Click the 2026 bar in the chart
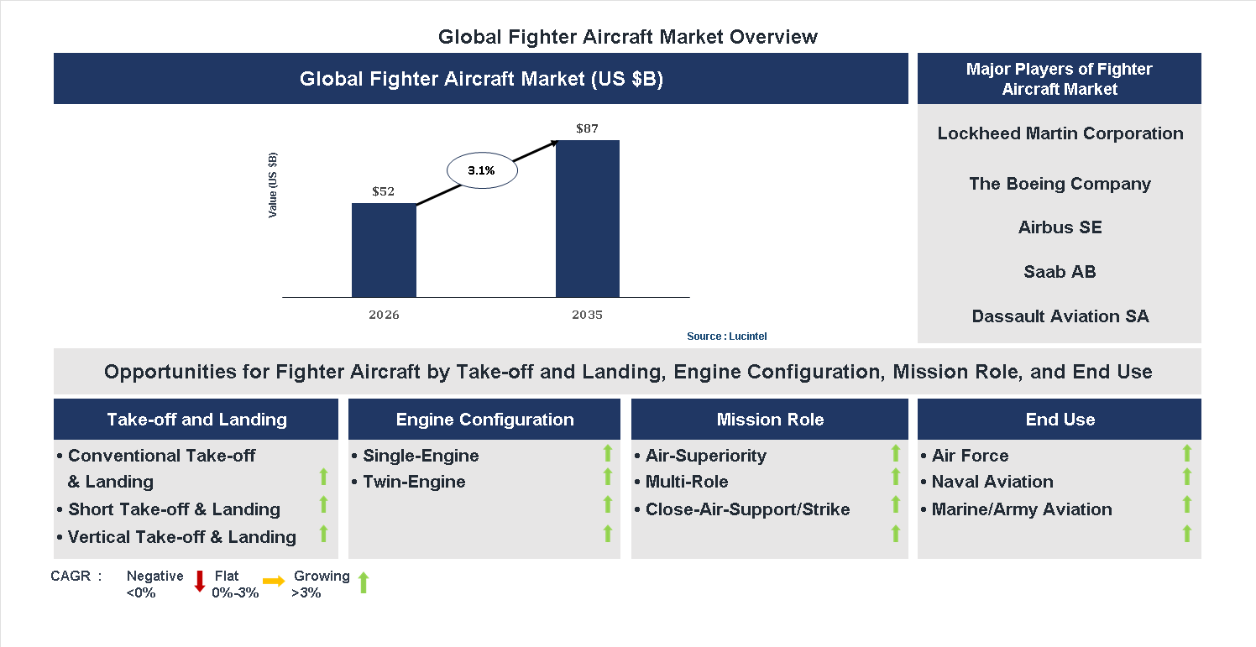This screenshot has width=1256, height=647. click(384, 250)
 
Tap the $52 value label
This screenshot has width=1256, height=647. click(383, 191)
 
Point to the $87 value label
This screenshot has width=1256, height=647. click(588, 128)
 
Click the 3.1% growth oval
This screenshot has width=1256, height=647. click(482, 170)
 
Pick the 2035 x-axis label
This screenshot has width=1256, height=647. click(588, 316)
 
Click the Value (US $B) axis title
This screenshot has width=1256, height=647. click(273, 185)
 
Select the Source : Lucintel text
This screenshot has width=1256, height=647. click(726, 337)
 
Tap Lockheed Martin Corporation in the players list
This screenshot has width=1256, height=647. click(1060, 133)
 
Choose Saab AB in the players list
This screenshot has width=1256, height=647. click(1060, 272)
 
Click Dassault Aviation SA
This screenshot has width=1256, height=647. click(1060, 316)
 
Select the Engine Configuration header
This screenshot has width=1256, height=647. click(484, 420)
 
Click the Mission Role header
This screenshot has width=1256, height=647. click(770, 420)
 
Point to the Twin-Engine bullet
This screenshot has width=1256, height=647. click(413, 482)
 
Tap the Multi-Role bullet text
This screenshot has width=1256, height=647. click(686, 482)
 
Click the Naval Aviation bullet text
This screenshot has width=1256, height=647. click(992, 482)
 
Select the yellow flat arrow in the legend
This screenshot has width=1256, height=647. click(274, 581)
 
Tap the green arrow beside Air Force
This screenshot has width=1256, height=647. click(1186, 454)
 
